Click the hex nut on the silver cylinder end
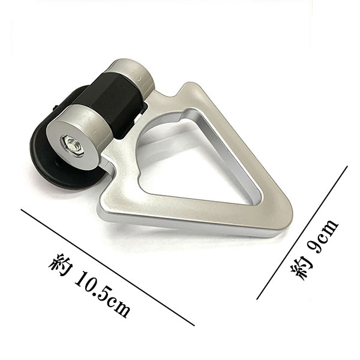72,146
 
